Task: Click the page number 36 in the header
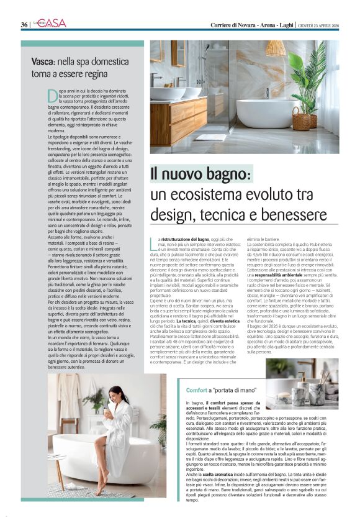(x=24, y=24)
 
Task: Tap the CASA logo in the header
(x=53, y=23)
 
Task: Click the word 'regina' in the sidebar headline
(x=95, y=73)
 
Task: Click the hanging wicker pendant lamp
(x=276, y=49)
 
